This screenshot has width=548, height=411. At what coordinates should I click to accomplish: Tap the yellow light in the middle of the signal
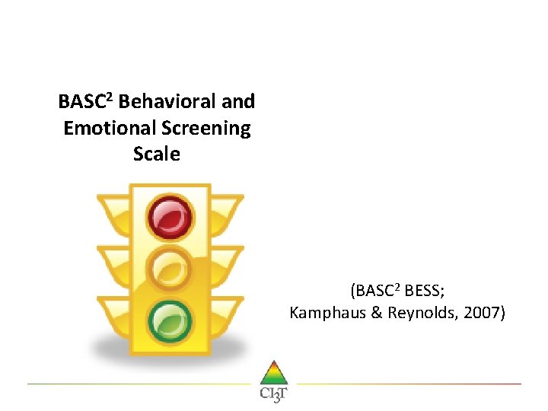(x=170, y=266)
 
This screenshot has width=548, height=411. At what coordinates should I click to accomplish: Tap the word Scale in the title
(x=156, y=154)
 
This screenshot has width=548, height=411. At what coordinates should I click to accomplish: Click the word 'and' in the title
(x=237, y=102)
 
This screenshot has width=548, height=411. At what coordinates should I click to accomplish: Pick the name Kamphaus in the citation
(x=324, y=312)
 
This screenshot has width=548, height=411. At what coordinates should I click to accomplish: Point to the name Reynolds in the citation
(x=422, y=312)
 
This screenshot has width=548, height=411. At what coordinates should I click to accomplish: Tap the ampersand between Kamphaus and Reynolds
(x=373, y=312)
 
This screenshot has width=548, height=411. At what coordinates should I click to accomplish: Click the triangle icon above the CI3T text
(x=273, y=373)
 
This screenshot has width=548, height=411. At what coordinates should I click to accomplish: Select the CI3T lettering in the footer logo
(x=273, y=394)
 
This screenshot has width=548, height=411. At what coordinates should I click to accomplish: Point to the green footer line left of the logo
(x=137, y=384)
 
